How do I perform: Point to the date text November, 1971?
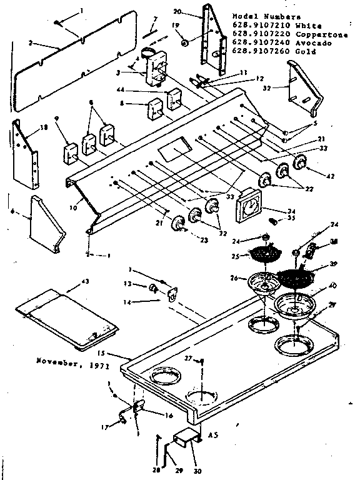(x=64, y=361)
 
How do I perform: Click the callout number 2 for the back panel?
(x=29, y=44)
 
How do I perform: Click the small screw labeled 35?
(x=272, y=221)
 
